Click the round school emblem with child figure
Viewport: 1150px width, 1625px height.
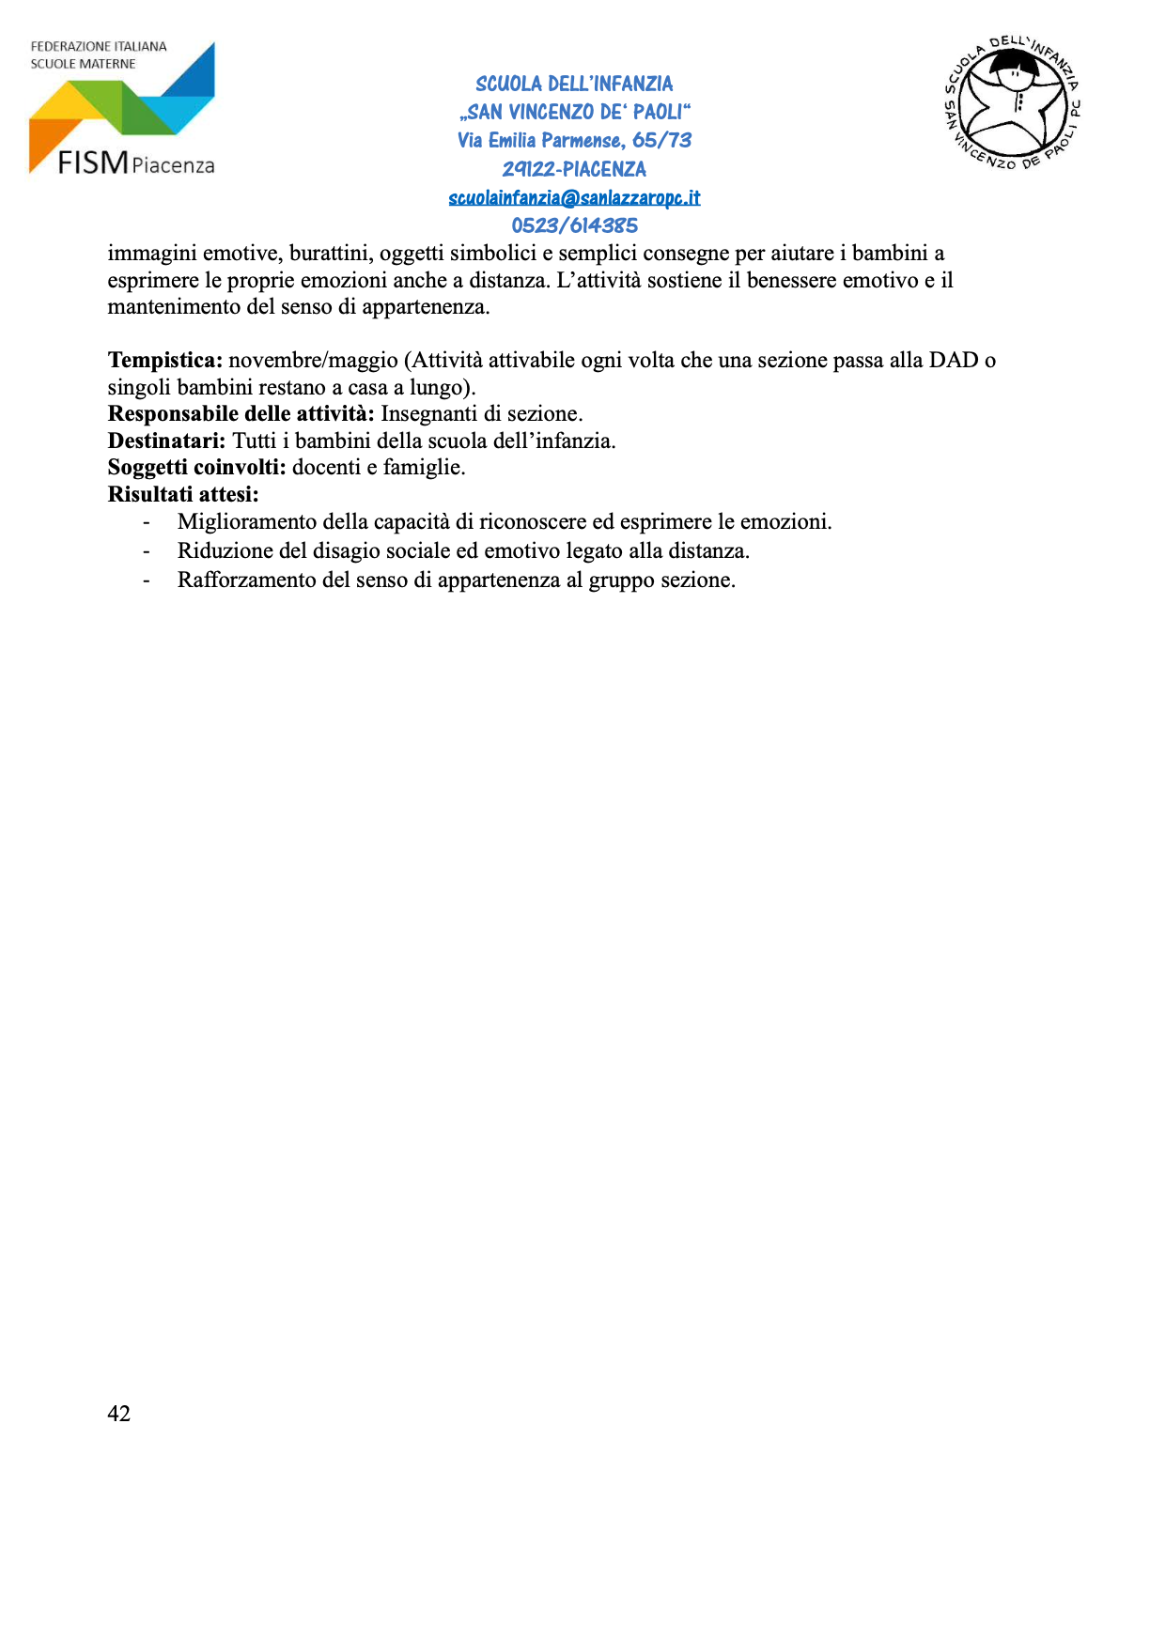[1013, 103]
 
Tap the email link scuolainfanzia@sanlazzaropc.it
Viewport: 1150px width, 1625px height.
[574, 197]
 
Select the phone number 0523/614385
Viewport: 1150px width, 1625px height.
[574, 225]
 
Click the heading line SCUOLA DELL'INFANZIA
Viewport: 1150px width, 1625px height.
[574, 84]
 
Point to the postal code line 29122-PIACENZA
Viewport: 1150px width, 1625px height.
[574, 169]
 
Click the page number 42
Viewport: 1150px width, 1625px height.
[119, 1414]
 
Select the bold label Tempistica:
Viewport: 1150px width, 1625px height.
[165, 361]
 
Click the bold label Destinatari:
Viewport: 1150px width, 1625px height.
[167, 441]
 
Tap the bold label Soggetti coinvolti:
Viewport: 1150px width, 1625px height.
[197, 467]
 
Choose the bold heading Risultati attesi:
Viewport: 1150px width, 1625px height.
[183, 494]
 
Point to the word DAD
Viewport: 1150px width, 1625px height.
[954, 361]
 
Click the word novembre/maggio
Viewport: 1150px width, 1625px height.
[314, 361]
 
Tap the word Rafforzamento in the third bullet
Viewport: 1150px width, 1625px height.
[247, 580]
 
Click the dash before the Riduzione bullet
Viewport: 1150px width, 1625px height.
[146, 550]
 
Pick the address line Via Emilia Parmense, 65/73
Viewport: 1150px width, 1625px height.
[574, 140]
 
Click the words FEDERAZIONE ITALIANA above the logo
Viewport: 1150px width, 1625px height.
[99, 46]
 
